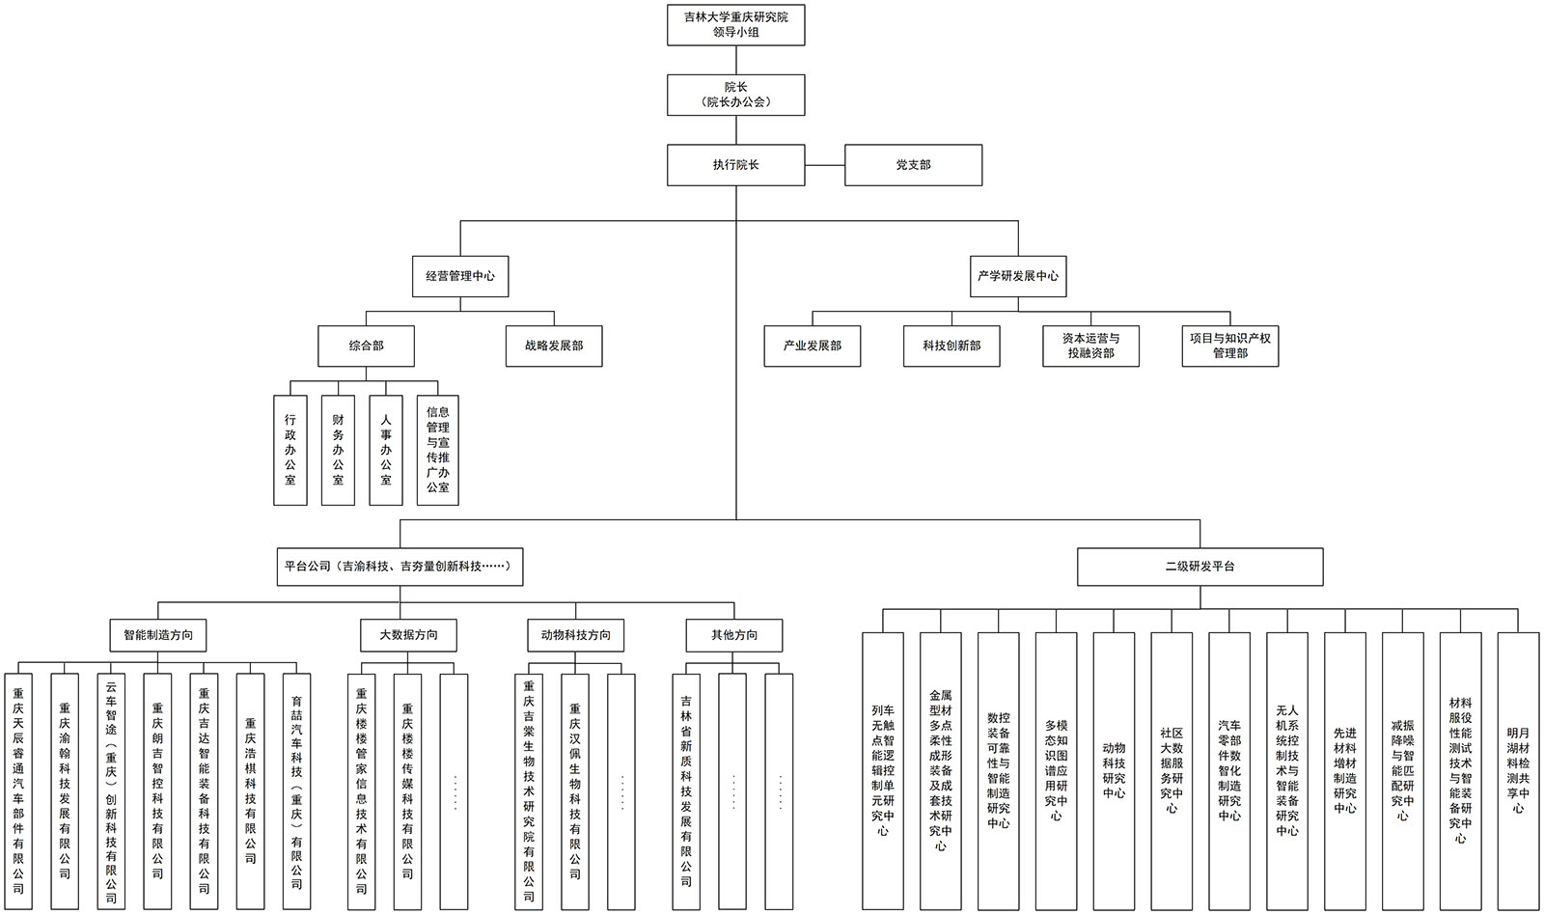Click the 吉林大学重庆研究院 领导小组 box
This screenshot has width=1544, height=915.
pyautogui.click(x=735, y=24)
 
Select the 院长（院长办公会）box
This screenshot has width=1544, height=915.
pyautogui.click(x=735, y=95)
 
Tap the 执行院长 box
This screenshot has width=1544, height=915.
pyautogui.click(x=735, y=165)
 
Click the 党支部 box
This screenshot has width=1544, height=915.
pyautogui.click(x=913, y=165)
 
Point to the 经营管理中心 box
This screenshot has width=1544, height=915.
pyautogui.click(x=460, y=276)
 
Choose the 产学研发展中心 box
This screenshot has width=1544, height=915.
pyautogui.click(x=1017, y=276)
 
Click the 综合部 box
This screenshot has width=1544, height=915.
pyautogui.click(x=367, y=346)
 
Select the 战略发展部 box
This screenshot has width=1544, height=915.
pyautogui.click(x=554, y=346)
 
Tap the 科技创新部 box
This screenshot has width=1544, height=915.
pyautogui.click(x=951, y=346)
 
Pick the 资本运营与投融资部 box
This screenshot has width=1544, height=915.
pyautogui.click(x=1090, y=346)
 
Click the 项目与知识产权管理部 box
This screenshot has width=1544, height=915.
pyautogui.click(x=1230, y=346)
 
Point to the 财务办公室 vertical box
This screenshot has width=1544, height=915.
pyautogui.click(x=338, y=450)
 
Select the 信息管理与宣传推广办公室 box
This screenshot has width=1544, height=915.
pyautogui.click(x=438, y=450)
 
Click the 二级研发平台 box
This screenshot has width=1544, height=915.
pyautogui.click(x=1199, y=567)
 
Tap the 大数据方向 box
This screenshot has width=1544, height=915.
pyautogui.click(x=408, y=635)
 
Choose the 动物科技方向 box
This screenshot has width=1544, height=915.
pyautogui.click(x=576, y=635)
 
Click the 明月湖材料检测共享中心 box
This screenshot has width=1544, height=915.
pyautogui.click(x=1518, y=770)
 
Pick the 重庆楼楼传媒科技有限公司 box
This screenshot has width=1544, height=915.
pyautogui.click(x=408, y=791)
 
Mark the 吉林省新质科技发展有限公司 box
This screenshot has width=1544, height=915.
pyautogui.click(x=686, y=791)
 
